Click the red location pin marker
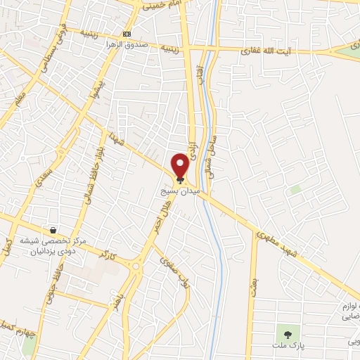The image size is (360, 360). (180, 165)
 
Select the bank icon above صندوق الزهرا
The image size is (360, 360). (127, 34)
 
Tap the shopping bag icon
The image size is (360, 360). (53, 230)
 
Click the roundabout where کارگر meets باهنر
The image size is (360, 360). (136, 266)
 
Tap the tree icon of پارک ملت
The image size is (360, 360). (286, 332)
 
